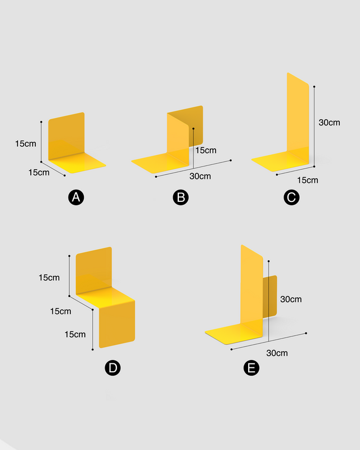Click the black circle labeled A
coord(76,197)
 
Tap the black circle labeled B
coord(181,197)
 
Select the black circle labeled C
coord(291,197)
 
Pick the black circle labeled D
coord(112,368)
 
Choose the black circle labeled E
coord(251,368)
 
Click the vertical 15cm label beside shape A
coord(25,143)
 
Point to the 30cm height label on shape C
coord(329,123)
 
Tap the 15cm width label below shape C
coord(308,180)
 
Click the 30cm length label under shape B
coord(200,176)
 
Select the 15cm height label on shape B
coord(206,150)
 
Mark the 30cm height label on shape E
coord(291,299)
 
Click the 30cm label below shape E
coord(277,353)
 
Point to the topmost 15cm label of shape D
coord(49,277)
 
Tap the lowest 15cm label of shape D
coord(75,334)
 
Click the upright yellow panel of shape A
coord(66,136)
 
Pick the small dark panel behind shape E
coord(270,296)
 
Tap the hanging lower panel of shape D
coord(117,325)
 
